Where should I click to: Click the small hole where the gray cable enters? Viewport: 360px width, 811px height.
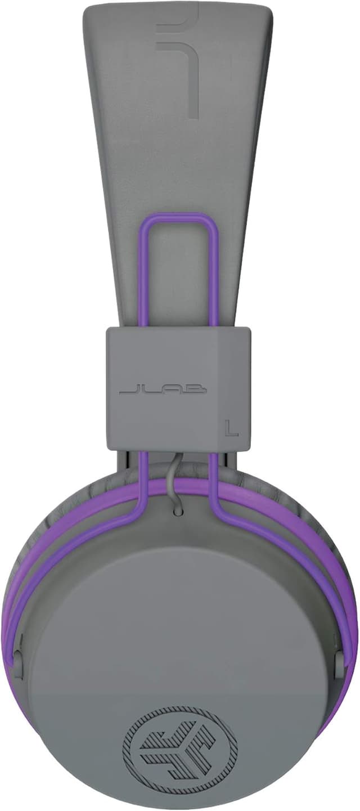178,512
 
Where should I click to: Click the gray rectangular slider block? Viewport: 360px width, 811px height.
178,360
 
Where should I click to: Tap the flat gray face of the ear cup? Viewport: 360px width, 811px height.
180,619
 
